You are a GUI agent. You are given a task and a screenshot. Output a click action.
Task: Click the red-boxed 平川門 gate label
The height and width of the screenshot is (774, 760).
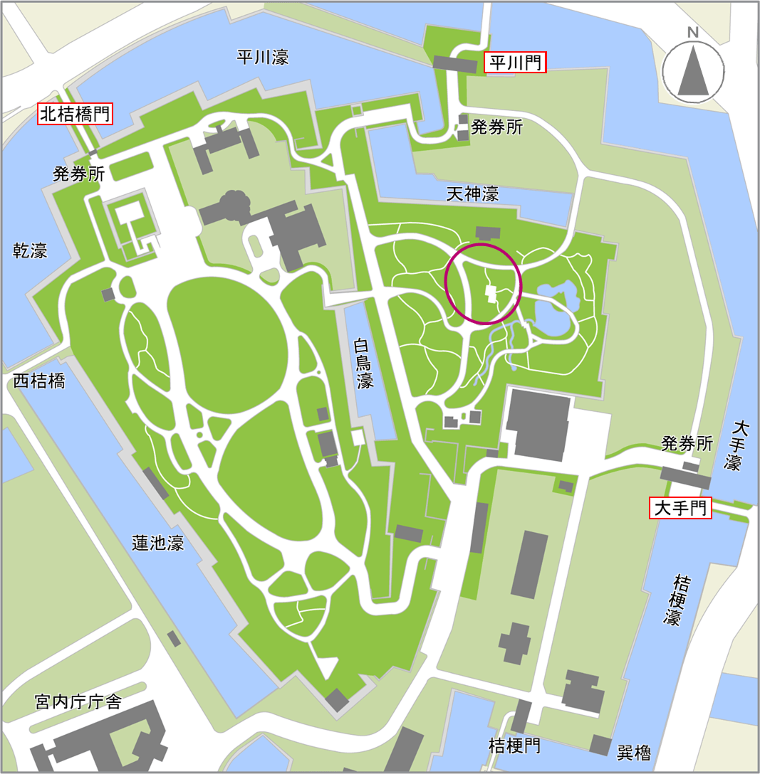(x=515, y=63)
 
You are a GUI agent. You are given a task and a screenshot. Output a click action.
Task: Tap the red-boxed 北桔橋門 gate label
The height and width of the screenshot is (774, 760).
(x=76, y=114)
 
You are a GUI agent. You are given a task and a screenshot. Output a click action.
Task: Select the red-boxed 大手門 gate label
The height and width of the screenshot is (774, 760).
(x=680, y=508)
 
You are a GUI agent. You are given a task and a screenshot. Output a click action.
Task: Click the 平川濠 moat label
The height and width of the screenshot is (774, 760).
(x=263, y=58)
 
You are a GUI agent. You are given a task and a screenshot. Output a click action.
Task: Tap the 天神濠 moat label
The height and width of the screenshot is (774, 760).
(x=472, y=193)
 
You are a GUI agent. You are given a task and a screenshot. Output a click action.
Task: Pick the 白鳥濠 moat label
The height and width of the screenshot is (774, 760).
(x=365, y=363)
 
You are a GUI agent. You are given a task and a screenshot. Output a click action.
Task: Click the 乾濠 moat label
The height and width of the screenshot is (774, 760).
(x=31, y=250)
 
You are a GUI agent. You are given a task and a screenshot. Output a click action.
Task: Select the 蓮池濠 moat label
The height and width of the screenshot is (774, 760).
(x=158, y=543)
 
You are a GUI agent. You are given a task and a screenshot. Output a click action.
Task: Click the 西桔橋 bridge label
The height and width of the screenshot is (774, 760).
(x=39, y=381)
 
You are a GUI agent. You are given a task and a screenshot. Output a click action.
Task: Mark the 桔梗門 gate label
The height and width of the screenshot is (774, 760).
(x=514, y=746)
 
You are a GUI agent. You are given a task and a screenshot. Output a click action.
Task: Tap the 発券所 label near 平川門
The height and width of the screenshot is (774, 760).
(x=497, y=128)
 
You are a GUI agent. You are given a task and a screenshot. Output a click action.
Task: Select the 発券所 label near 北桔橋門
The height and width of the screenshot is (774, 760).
(x=78, y=174)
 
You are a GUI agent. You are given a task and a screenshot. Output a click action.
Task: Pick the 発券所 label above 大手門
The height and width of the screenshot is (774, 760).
(x=687, y=444)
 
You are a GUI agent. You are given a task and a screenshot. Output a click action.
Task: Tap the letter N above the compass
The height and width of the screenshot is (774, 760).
(x=692, y=32)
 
